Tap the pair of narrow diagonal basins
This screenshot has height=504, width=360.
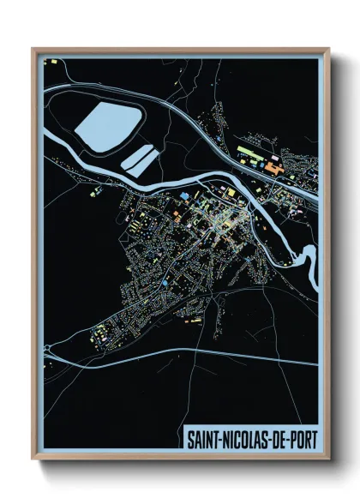(139, 158)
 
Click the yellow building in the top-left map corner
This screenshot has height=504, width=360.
(51, 63)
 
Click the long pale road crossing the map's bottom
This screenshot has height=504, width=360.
(189, 352)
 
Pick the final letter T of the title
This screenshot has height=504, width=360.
(313, 440)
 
